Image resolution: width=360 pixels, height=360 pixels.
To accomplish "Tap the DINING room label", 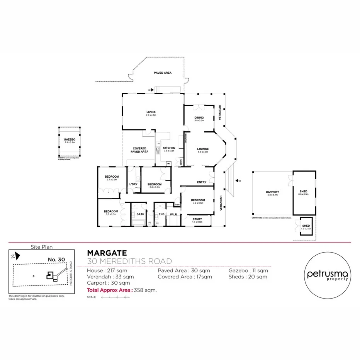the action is point(199,117).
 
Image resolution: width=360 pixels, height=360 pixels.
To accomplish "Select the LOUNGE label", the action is point(203,149).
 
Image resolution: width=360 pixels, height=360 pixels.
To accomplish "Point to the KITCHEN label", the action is point(169,148).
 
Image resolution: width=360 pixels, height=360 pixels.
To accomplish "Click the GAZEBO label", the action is point(70,139).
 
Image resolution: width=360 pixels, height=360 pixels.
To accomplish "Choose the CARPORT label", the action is point(272,192).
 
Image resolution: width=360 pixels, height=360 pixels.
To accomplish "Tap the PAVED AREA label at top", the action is point(163,73).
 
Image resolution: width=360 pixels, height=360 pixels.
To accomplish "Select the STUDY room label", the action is point(197,219).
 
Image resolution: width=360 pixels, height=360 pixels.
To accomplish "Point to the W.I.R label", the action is point(173,214).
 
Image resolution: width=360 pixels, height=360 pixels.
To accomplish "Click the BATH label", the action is point(140,214).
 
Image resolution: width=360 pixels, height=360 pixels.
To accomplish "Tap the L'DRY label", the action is point(133,184).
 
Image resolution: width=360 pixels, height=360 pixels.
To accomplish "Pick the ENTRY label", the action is point(202,182).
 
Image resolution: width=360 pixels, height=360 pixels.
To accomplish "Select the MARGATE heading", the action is point(107,253).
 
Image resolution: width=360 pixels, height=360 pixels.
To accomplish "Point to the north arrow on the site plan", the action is point(13,256).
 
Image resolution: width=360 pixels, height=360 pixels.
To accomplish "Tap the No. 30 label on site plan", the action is point(56,259).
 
